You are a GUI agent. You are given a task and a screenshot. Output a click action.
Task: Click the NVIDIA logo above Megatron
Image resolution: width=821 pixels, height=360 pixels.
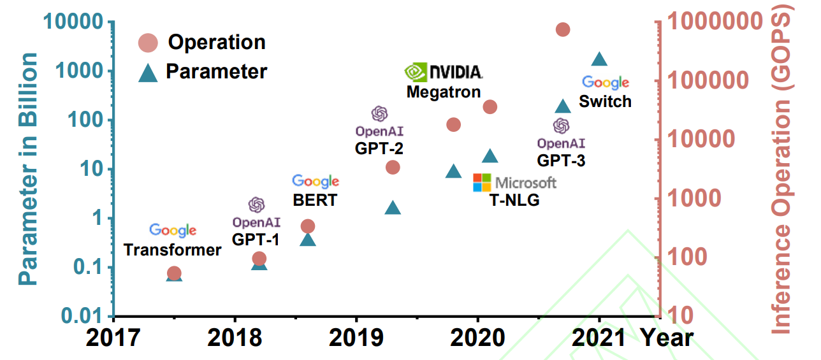pyautogui.click(x=444, y=72)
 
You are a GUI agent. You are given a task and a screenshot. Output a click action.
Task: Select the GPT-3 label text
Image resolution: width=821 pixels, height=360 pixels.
pyautogui.click(x=561, y=160)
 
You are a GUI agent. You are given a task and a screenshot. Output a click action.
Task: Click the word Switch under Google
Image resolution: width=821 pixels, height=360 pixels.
pyautogui.click(x=605, y=101)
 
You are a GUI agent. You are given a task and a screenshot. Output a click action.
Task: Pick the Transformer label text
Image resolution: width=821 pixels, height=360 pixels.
pyautogui.click(x=173, y=249)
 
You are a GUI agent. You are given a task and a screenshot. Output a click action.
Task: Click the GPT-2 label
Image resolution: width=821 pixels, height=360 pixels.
pyautogui.click(x=379, y=148)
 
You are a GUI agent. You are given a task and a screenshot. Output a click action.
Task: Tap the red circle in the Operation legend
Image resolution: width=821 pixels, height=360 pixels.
pyautogui.click(x=148, y=43)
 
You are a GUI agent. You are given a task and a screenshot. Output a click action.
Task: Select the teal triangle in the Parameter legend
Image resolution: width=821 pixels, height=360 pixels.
pyautogui.click(x=148, y=72)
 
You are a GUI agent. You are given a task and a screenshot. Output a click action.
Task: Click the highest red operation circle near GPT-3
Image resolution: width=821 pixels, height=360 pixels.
pyautogui.click(x=563, y=29)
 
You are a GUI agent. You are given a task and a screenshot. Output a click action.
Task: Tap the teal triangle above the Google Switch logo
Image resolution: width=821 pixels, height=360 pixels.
pyautogui.click(x=599, y=59)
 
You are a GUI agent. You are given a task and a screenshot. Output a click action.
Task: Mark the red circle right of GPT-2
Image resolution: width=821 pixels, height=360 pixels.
pyautogui.click(x=393, y=167)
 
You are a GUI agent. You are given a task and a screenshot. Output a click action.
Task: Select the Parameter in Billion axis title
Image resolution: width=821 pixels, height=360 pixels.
pyautogui.click(x=27, y=169)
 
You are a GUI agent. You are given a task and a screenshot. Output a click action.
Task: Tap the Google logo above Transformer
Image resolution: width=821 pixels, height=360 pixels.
pyautogui.click(x=173, y=230)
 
